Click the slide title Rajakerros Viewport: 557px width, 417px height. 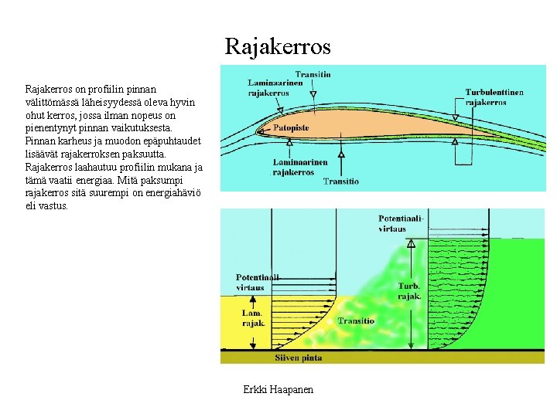coord(278,46)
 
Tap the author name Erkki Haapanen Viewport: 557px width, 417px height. coord(278,389)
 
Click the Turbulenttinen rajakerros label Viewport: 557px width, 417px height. coord(494,97)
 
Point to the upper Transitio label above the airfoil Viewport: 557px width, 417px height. coord(313,74)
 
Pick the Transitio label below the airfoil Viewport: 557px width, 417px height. coord(340,181)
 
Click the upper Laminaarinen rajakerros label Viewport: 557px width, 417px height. coord(268,87)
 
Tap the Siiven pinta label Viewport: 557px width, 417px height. coord(298,358)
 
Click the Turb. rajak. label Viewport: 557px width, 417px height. coord(409,290)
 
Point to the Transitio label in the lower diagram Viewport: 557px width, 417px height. coord(356,320)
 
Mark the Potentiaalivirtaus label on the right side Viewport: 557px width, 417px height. coord(402,223)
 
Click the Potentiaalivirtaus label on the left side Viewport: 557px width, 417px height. coord(258,282)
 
